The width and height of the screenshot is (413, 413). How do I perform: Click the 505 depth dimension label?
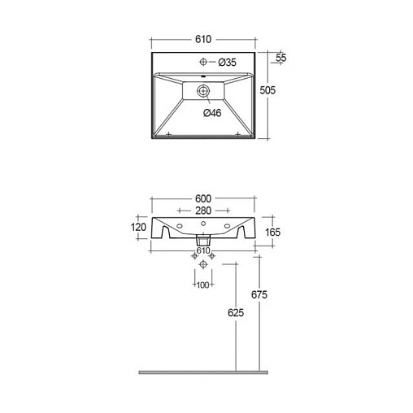267,90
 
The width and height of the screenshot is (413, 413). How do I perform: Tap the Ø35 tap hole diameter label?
227,63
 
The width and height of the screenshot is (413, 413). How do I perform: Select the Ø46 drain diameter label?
212,113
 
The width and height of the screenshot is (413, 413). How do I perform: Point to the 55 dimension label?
281,58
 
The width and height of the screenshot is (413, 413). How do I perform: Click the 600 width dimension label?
203,198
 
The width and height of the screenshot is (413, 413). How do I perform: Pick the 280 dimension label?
203,211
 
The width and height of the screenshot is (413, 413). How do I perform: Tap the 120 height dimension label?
138,227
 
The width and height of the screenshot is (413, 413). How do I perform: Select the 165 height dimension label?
272,233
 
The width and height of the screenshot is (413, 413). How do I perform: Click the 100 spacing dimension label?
202,285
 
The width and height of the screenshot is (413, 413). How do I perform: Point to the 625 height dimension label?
236,313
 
